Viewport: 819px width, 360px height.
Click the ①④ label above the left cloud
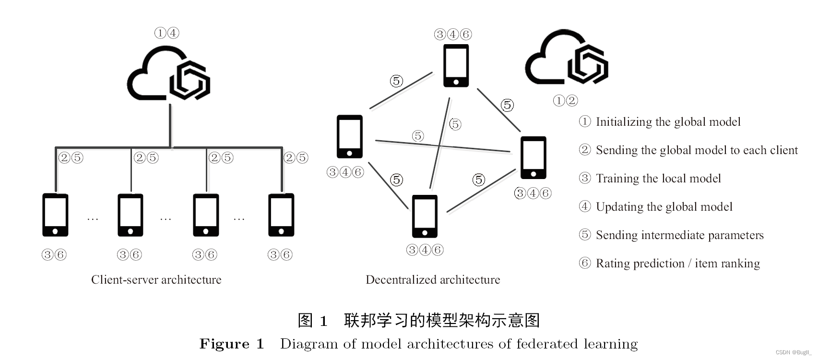pos(166,33)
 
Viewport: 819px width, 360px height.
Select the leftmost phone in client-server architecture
pos(55,215)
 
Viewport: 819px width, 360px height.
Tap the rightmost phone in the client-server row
pos(281,215)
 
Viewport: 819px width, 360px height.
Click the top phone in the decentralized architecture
pos(456,66)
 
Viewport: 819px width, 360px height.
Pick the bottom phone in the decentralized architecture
pos(425,216)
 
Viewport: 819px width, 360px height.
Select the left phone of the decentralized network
pos(349,137)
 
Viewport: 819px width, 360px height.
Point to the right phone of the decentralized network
pos(533,158)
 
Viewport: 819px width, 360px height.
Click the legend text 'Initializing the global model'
pos(668,122)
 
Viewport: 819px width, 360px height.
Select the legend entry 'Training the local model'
pos(658,179)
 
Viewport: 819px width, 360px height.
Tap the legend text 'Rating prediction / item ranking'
pos(677,264)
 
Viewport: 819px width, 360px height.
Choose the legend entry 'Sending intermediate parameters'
pos(679,235)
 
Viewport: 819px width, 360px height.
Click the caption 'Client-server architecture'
pos(156,280)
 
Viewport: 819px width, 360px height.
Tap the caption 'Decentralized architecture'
pos(433,280)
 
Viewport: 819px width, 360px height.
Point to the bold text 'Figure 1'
pos(232,344)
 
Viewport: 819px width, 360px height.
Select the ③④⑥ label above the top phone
pos(453,34)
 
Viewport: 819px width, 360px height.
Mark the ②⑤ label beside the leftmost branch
pos(71,157)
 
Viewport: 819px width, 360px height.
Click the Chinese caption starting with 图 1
pos(418,320)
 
